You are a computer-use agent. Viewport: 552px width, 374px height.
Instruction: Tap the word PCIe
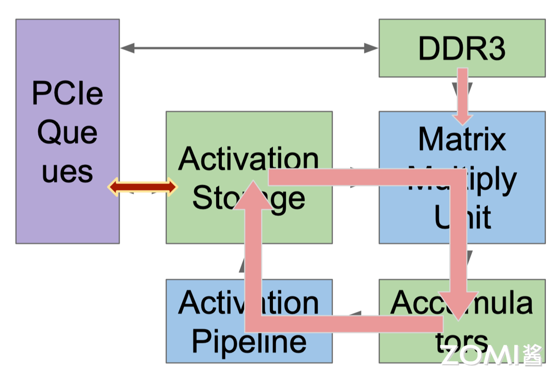tap(67, 93)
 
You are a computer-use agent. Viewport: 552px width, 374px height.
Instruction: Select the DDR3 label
tap(462, 49)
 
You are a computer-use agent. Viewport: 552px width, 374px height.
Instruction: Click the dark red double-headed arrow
tap(143, 187)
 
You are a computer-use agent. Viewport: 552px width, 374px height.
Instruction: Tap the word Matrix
tap(462, 139)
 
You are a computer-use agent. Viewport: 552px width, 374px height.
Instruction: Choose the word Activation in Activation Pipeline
tap(248, 302)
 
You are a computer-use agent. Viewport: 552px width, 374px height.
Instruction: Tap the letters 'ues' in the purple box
tap(67, 172)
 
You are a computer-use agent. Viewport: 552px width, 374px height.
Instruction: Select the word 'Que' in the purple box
tap(67, 133)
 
